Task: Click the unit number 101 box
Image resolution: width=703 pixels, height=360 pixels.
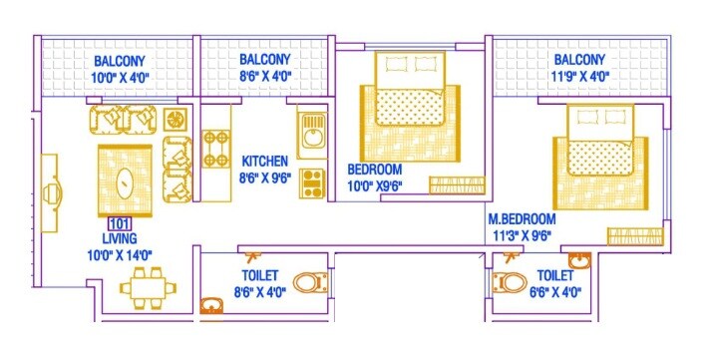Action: point(119,224)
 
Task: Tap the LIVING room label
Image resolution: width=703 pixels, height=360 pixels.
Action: point(119,239)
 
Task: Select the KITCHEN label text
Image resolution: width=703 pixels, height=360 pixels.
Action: point(264,161)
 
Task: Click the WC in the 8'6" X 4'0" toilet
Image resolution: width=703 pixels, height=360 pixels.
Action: point(312,280)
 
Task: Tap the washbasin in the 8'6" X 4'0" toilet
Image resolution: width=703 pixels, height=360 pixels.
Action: point(211,306)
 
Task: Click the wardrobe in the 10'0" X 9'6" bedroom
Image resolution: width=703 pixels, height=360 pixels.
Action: point(457,184)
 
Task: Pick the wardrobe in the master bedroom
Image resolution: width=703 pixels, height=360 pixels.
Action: point(634,236)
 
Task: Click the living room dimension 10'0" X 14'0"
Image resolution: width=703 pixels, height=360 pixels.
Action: point(119,255)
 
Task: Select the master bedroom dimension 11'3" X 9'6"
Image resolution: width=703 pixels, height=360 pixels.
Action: point(521,235)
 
